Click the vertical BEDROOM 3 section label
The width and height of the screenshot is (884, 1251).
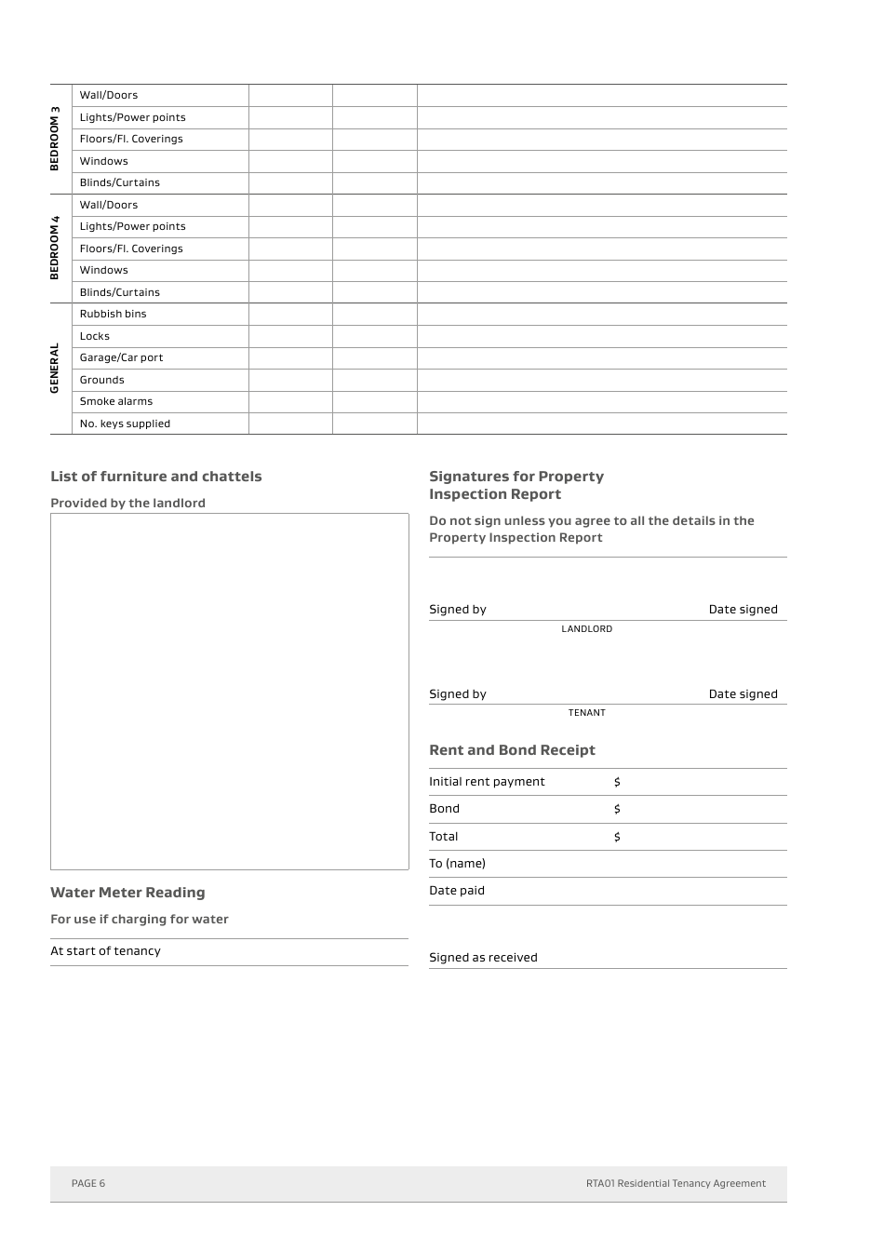click(55, 139)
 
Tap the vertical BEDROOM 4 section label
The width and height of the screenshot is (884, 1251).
click(55, 248)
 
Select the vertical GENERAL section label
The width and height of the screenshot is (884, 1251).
click(55, 368)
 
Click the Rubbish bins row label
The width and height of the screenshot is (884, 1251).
click(113, 314)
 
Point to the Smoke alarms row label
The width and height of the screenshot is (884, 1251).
click(115, 401)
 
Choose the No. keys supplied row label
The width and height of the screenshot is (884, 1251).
click(125, 424)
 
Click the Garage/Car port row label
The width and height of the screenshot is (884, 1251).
click(121, 357)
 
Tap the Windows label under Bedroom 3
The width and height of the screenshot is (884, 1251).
click(103, 161)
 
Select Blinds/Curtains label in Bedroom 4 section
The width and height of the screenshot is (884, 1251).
click(119, 292)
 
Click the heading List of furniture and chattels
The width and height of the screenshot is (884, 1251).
click(155, 477)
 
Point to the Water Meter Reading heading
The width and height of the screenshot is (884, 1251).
click(127, 893)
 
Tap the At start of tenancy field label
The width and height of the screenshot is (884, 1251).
click(105, 951)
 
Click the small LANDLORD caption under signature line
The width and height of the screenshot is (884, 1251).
click(586, 629)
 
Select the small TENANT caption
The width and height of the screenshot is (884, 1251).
click(586, 713)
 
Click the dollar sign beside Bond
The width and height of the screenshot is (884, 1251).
click(617, 809)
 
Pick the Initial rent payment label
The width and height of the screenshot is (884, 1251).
click(487, 782)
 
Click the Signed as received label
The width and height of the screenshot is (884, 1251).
click(483, 958)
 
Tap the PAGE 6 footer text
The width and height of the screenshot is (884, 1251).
click(88, 1184)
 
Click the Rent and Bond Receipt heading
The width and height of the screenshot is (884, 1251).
click(512, 750)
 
